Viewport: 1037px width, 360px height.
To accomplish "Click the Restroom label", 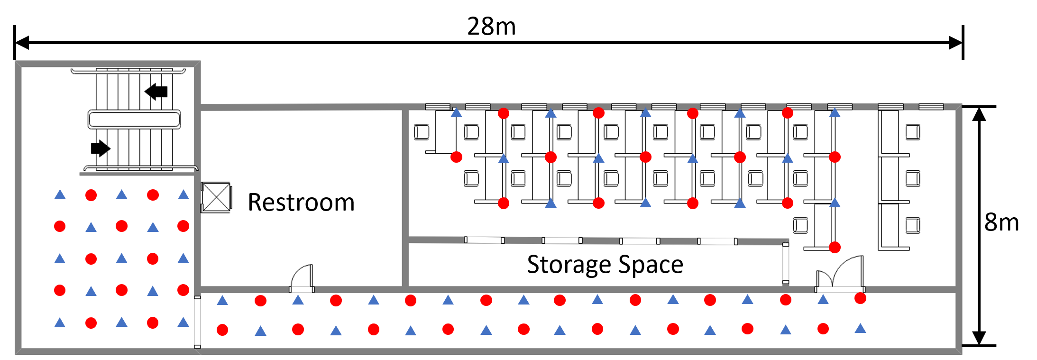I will (x=301, y=203).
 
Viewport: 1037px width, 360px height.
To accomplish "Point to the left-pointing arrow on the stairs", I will (x=156, y=91).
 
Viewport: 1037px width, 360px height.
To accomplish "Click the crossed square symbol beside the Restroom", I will (x=216, y=197).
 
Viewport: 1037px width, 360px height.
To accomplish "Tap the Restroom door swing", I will (x=302, y=277).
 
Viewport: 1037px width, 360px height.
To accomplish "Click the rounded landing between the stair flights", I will (x=134, y=119).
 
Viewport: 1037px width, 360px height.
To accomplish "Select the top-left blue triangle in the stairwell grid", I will (x=60, y=194).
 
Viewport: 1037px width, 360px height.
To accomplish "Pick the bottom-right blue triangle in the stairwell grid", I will (x=184, y=323).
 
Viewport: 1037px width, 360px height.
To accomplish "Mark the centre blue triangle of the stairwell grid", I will (x=121, y=258).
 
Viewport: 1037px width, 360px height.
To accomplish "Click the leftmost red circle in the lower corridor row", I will (x=222, y=330).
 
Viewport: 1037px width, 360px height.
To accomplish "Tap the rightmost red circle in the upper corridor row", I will (x=860, y=298).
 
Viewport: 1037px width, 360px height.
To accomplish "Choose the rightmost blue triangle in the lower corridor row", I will (x=860, y=328).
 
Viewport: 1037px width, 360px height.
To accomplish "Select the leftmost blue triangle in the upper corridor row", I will (x=222, y=300).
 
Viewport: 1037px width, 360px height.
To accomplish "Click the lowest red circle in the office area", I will (x=835, y=247).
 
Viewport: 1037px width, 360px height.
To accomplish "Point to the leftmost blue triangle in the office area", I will (x=456, y=113).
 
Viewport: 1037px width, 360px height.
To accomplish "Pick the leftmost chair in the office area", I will (x=422, y=132).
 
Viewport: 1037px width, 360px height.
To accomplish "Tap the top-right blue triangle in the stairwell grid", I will (x=184, y=194).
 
